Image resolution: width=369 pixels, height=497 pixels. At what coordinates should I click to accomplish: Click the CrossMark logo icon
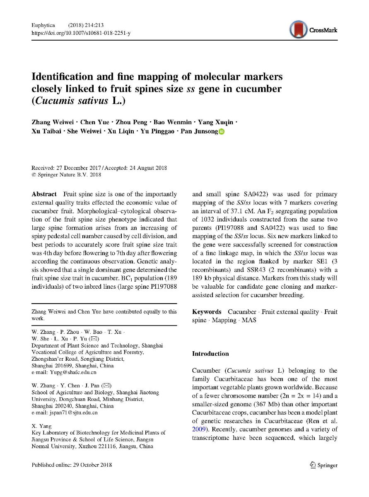coord(298,30)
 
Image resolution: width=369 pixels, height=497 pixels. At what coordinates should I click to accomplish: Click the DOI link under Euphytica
coord(81,32)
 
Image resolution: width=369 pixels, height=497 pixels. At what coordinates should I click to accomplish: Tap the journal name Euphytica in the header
coord(43,26)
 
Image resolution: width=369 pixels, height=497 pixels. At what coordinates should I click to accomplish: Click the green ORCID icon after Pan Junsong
coord(222,132)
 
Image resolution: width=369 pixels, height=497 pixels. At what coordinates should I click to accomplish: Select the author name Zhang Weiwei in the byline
coord(50,123)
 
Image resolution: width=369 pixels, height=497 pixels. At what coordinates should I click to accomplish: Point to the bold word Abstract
coord(44,194)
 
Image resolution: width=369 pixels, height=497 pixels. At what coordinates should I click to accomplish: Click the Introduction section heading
coord(210,354)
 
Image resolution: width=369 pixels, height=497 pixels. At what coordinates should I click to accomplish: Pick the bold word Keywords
coord(207,312)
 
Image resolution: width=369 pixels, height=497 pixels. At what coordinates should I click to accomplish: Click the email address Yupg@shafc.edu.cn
coord(64,373)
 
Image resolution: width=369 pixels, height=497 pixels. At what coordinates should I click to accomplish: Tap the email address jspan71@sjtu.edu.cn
coord(65,413)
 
